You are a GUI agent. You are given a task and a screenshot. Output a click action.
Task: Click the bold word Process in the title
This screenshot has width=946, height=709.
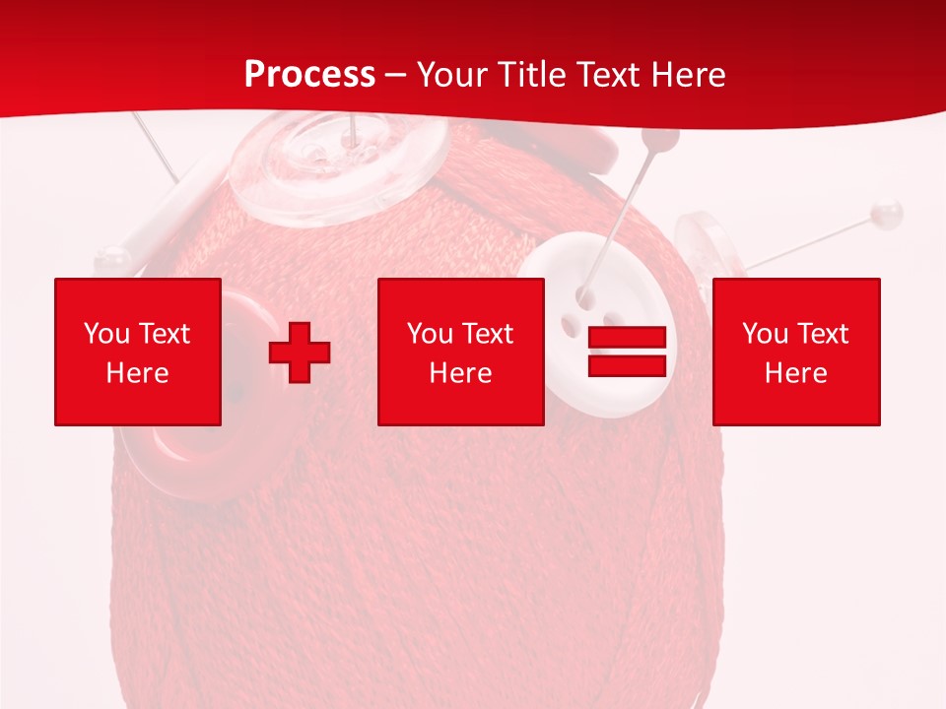pyautogui.click(x=309, y=75)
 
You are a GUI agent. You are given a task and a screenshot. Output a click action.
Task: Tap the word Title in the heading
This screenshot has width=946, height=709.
pyautogui.click(x=529, y=75)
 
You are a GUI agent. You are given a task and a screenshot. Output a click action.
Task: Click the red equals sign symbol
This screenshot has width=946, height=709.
pyautogui.click(x=627, y=352)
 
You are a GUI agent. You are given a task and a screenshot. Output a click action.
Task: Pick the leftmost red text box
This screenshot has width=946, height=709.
pyautogui.click(x=138, y=352)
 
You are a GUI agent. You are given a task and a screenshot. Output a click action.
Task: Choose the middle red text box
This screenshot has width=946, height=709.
pyautogui.click(x=460, y=352)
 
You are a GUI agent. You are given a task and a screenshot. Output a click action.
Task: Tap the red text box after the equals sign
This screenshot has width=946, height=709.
pyautogui.click(x=796, y=352)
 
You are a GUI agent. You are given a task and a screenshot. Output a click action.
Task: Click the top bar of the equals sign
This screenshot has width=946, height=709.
pyautogui.click(x=627, y=338)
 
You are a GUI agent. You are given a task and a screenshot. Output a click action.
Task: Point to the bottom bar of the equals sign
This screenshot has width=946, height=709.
pyautogui.click(x=627, y=365)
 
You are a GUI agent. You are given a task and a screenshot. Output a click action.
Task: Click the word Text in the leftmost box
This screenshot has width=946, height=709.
pyautogui.click(x=165, y=334)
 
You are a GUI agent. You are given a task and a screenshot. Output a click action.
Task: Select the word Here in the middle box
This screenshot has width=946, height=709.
pyautogui.click(x=460, y=372)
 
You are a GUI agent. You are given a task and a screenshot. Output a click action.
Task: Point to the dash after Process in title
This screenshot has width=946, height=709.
pyautogui.click(x=394, y=76)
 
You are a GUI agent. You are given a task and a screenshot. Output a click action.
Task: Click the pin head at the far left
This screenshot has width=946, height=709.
pyautogui.click(x=110, y=259)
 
